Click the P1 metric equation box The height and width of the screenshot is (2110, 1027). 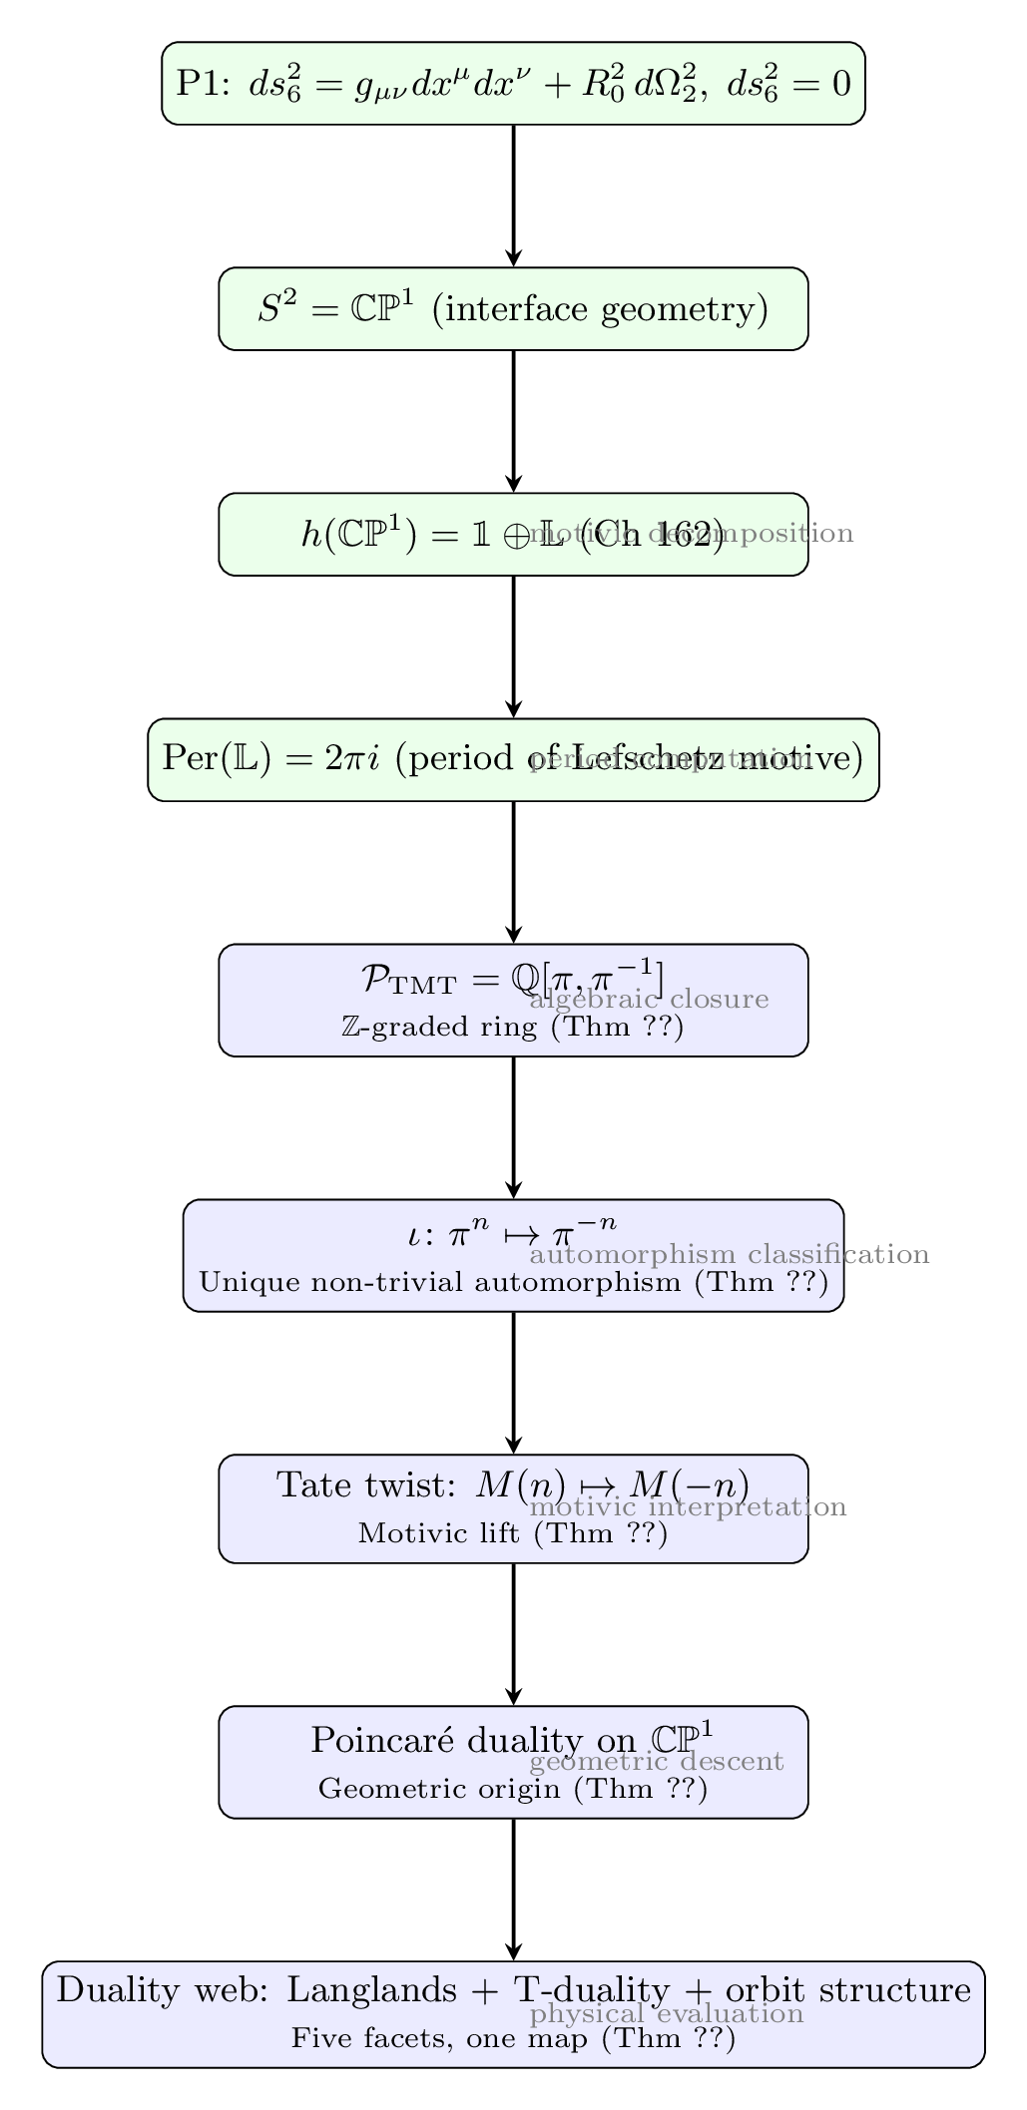click(x=513, y=83)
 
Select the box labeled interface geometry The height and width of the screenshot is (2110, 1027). click(x=513, y=309)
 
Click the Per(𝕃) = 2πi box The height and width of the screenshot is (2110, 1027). click(x=513, y=759)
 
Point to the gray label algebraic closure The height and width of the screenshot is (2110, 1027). click(x=649, y=999)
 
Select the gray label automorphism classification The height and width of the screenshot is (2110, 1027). click(x=730, y=1254)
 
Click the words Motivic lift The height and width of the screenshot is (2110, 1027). click(x=440, y=1533)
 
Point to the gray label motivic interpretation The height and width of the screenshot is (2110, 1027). click(x=688, y=1506)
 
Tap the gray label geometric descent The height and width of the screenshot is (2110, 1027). click(x=657, y=1761)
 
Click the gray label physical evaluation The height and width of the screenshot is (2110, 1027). click(x=667, y=2013)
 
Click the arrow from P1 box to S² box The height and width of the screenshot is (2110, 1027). click(x=513, y=196)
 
